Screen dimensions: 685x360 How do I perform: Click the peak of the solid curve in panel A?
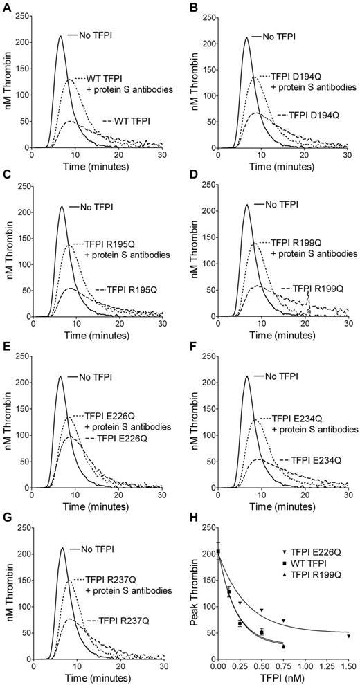click(60, 37)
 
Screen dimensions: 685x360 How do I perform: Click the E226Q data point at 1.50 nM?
click(348, 636)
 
